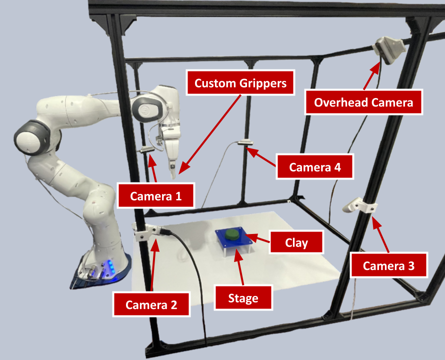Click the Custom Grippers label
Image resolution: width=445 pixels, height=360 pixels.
pos(240,83)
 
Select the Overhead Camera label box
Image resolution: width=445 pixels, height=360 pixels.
pos(363,103)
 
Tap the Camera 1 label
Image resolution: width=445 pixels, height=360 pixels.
pos(156,196)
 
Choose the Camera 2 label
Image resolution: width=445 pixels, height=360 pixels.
pos(151,304)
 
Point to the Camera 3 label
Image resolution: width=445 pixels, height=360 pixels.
pos(388,265)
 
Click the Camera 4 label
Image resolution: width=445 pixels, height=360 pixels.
pos(314,167)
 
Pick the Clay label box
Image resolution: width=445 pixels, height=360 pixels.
pos(296,243)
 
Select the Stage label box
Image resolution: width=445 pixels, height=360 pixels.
pos(243,298)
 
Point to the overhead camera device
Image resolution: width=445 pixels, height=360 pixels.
pos(392,49)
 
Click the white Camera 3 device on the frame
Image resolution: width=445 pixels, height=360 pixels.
pos(357,205)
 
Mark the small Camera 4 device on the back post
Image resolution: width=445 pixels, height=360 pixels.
pos(245,143)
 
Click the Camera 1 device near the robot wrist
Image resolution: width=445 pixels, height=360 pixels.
pos(147,149)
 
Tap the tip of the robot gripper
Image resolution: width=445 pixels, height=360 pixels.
pos(173,175)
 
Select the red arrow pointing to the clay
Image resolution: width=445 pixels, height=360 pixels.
pos(258,239)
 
